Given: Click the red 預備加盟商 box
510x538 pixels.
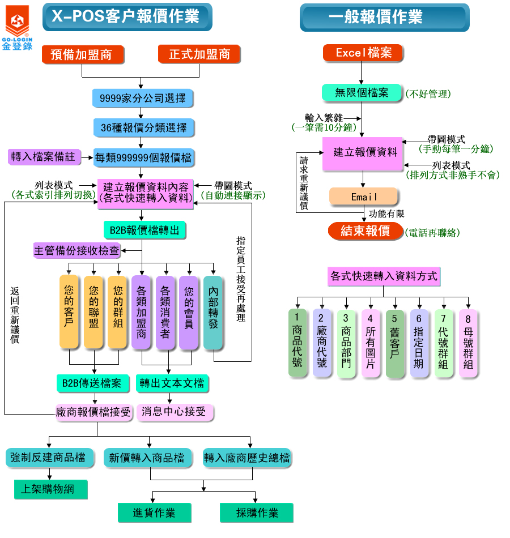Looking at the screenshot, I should [x=82, y=54].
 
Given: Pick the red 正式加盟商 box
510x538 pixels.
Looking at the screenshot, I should [x=199, y=54].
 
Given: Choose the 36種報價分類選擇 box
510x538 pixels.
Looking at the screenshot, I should [x=143, y=128].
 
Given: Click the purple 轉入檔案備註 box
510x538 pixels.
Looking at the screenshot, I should [x=44, y=157].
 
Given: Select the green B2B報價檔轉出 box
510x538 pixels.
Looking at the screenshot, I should [x=144, y=230].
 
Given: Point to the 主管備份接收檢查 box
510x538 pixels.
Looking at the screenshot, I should [x=78, y=250].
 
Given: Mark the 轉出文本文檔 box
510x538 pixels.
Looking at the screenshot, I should [x=172, y=383].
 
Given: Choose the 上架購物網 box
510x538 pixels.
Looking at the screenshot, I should [x=51, y=489].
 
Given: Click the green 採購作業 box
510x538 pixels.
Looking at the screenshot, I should [x=257, y=513].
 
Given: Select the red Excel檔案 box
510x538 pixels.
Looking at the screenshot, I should [x=363, y=53].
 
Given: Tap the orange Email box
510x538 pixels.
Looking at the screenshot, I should [x=364, y=197].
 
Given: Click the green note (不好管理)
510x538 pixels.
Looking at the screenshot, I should [x=428, y=94].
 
